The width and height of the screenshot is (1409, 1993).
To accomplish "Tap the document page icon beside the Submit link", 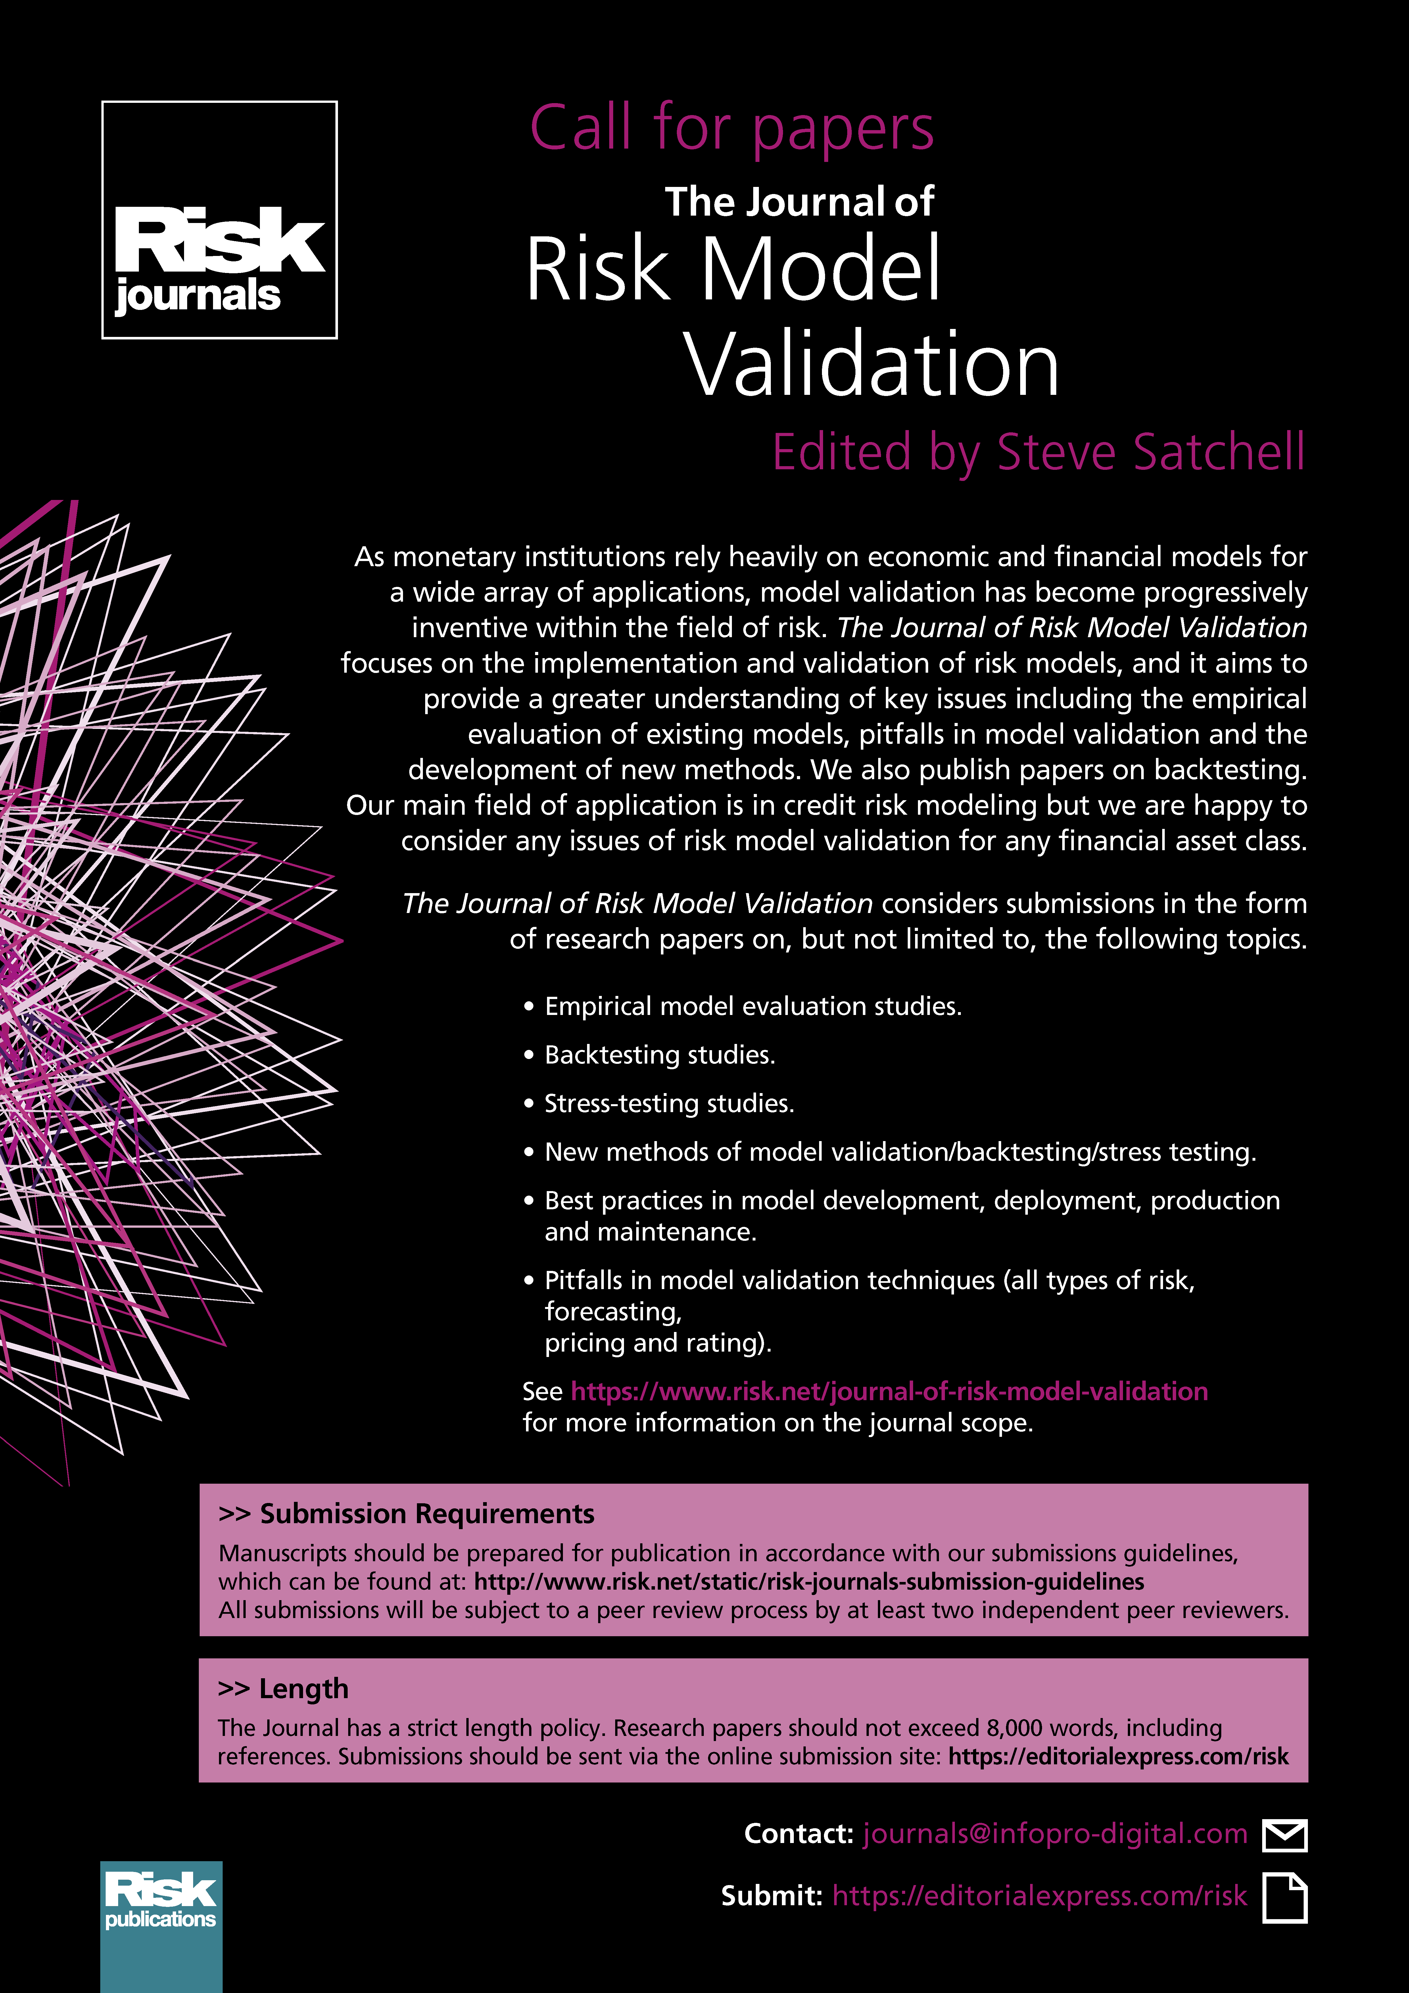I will pos(1284,1898).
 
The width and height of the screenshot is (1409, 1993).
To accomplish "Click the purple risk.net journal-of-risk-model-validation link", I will pos(889,1391).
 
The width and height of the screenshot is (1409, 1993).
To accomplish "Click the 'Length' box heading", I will pos(303,1688).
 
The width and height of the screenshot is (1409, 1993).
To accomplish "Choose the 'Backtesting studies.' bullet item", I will pos(659,1055).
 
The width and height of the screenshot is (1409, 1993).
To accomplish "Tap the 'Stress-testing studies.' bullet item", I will pos(669,1103).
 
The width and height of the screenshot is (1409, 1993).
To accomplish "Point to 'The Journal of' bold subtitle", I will pos(799,201).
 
